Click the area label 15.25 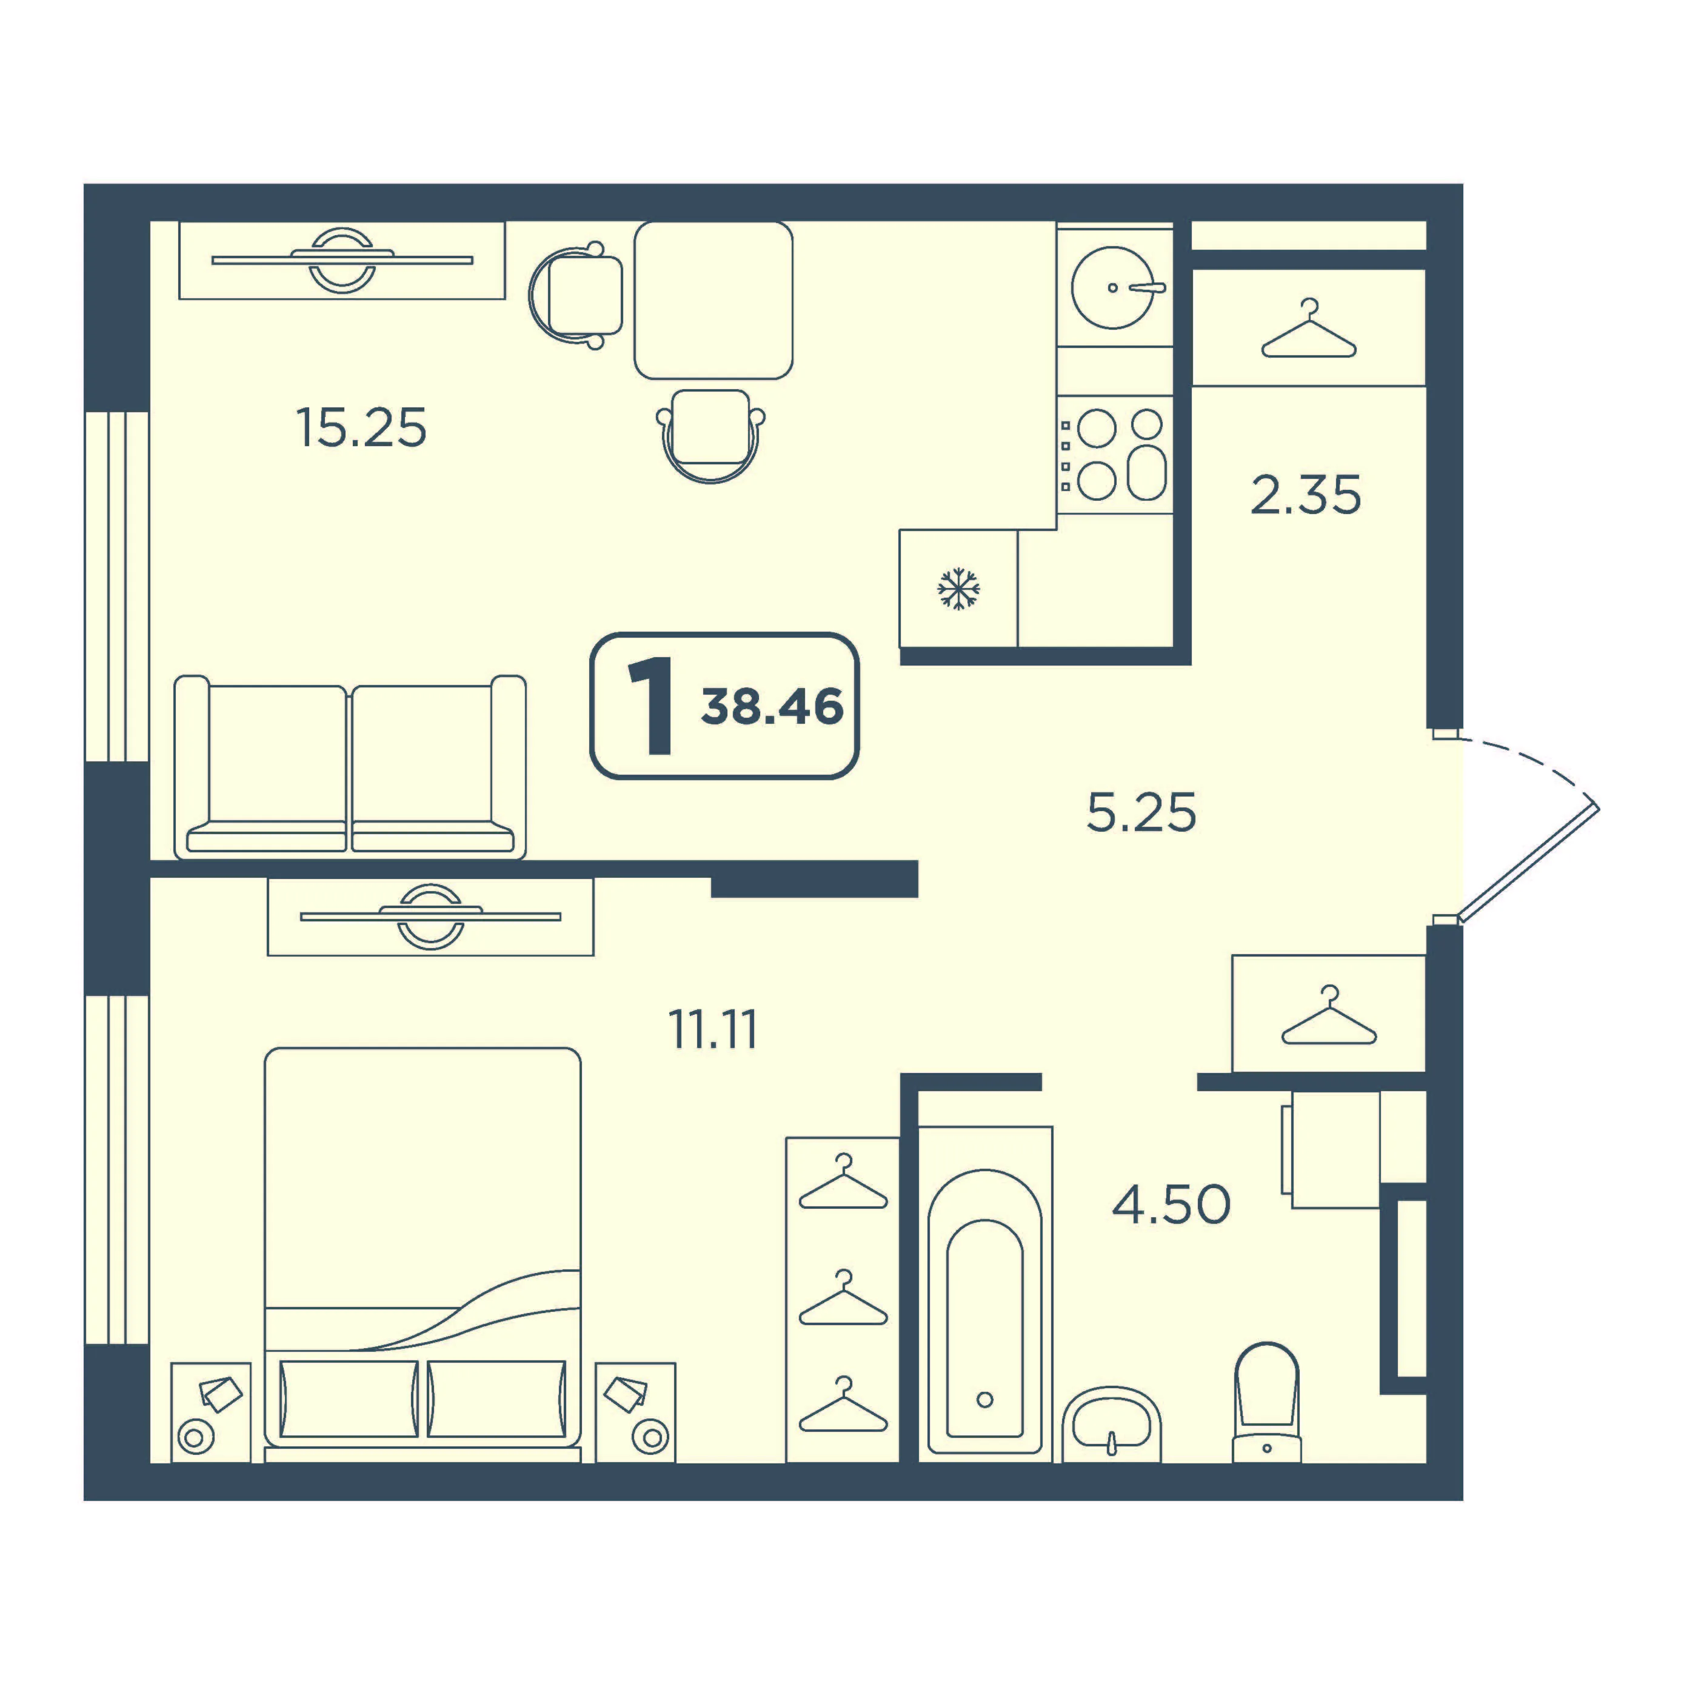click(362, 428)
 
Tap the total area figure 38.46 click(772, 706)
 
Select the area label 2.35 click(1305, 495)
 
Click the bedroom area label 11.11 click(713, 1029)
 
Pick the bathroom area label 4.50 click(1171, 1204)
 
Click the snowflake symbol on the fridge click(958, 589)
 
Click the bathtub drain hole click(985, 1399)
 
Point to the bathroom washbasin click(1111, 1425)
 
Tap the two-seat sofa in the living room click(350, 767)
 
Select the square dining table click(713, 300)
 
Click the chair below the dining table click(711, 435)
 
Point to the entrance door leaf click(1529, 860)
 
